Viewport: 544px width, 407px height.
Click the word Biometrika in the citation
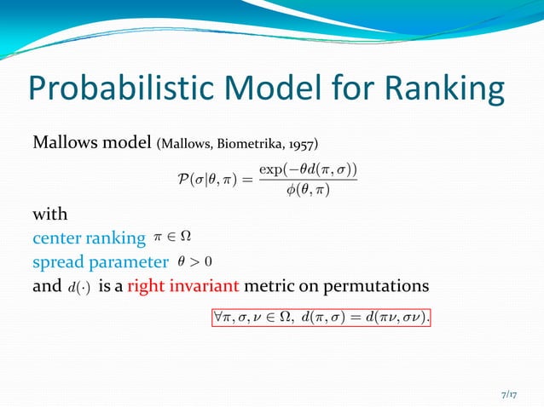tap(255, 142)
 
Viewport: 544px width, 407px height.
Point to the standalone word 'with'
tap(49, 214)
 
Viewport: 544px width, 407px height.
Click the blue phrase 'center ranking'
tap(89, 238)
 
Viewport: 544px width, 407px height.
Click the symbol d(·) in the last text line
tap(79, 286)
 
